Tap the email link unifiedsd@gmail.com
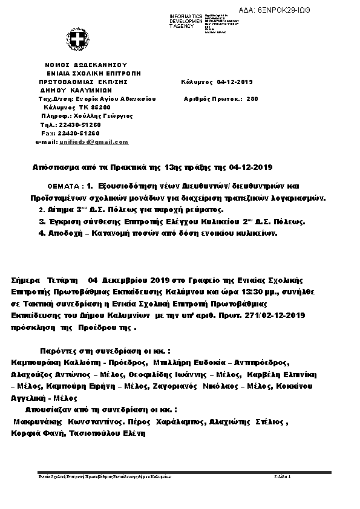coord(94,141)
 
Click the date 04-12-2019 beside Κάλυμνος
coord(235,82)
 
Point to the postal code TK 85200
coord(94,107)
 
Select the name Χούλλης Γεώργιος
coord(104,115)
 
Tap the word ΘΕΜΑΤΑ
coord(62,187)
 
